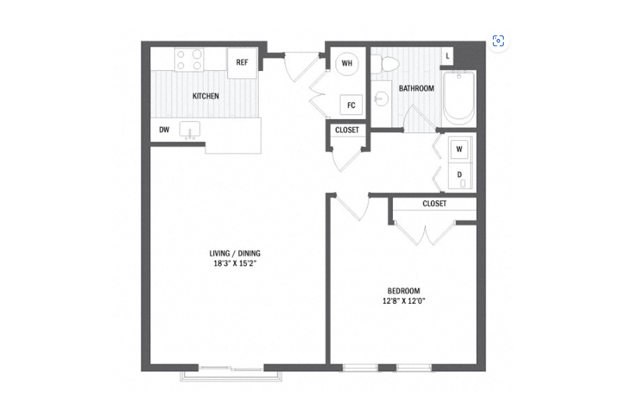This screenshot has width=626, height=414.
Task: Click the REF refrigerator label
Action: (242, 62)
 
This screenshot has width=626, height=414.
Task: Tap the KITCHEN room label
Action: (206, 96)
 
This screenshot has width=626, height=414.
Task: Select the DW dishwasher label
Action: (164, 130)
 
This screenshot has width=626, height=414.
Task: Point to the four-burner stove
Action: (189, 60)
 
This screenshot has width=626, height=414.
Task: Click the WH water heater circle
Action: (347, 63)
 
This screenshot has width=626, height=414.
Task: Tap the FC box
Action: (351, 105)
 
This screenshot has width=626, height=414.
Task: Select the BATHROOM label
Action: (416, 89)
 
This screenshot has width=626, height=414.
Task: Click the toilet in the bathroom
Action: (390, 65)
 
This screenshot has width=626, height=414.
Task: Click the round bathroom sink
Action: (381, 98)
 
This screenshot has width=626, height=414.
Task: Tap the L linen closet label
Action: (447, 56)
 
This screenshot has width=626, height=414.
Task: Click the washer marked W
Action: (459, 149)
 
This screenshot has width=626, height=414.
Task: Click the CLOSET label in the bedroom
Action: (434, 204)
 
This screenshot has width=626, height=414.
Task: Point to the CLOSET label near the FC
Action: (347, 130)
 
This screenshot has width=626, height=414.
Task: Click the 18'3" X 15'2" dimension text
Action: (235, 263)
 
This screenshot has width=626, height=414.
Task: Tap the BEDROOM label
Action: (404, 291)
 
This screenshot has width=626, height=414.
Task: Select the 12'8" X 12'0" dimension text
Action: (404, 300)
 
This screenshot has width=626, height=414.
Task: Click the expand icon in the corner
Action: (498, 41)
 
